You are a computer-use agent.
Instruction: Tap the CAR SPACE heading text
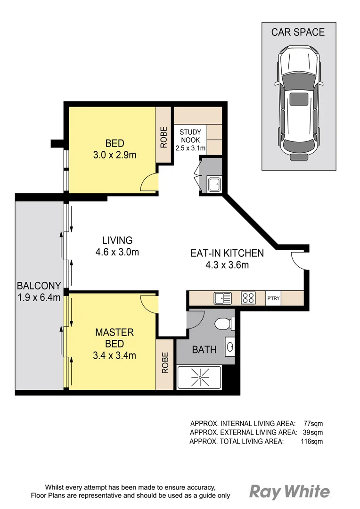[298, 33]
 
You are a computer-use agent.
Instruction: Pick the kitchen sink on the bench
[222, 298]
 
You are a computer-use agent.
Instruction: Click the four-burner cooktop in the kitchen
[248, 298]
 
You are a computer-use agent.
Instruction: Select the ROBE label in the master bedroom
[165, 363]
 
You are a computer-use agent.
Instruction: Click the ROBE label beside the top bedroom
[164, 137]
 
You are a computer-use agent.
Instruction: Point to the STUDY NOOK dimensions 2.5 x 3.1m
[190, 148]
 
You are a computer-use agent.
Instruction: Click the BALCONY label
[39, 286]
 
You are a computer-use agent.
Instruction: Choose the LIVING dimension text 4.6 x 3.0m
[117, 252]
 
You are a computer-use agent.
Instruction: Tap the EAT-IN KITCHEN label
[227, 253]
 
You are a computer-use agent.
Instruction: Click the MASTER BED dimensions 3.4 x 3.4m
[115, 355]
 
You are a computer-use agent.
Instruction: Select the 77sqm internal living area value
[312, 423]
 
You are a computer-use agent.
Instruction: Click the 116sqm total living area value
[311, 441]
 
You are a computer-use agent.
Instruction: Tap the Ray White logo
[290, 492]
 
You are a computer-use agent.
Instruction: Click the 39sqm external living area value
[312, 432]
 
